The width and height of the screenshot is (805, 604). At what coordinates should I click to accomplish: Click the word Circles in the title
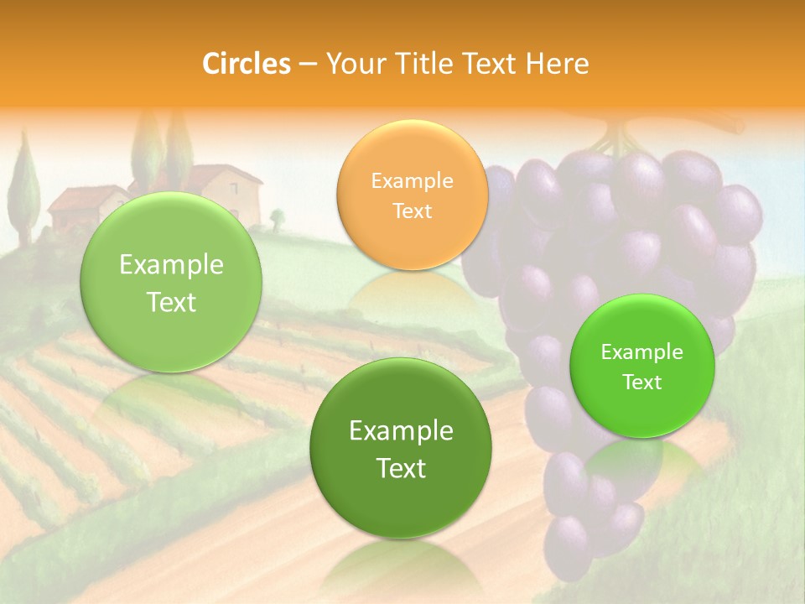[x=247, y=64]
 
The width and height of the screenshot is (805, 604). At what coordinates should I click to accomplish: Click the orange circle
[x=412, y=195]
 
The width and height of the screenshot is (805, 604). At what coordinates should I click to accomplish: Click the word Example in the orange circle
[x=412, y=181]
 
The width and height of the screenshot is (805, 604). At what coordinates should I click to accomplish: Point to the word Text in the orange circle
[x=412, y=211]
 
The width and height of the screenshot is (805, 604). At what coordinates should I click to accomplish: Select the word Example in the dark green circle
[x=401, y=431]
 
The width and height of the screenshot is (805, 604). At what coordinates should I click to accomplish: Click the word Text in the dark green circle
[x=401, y=468]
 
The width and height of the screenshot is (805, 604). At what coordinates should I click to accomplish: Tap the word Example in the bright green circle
[x=641, y=352]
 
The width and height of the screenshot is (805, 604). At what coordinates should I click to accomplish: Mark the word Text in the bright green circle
[x=641, y=383]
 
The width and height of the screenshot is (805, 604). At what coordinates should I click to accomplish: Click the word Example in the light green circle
[x=171, y=265]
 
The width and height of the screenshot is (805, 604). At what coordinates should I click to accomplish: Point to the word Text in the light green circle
[x=171, y=303]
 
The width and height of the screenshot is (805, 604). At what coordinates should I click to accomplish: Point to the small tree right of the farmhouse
[x=277, y=219]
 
